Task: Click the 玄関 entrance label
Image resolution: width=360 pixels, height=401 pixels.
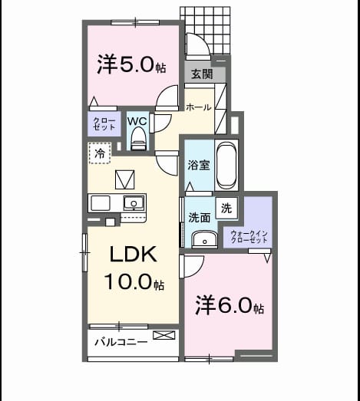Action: [202, 74]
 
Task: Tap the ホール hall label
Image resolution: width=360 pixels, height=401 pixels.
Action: [199, 107]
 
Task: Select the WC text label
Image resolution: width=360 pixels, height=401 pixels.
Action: [137, 121]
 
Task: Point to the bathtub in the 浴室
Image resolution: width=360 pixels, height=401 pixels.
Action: [226, 165]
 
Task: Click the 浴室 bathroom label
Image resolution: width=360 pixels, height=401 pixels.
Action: [199, 165]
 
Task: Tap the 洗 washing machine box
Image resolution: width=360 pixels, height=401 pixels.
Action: [226, 208]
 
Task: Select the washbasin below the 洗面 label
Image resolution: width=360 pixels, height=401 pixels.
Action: [205, 240]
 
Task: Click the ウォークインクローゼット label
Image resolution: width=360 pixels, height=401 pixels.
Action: [249, 237]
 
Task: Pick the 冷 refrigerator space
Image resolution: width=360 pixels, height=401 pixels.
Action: [100, 153]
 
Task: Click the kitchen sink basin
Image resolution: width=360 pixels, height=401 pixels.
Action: [134, 203]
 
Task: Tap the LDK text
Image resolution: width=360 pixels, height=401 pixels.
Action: [133, 254]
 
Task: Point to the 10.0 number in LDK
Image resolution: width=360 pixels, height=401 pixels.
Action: [127, 281]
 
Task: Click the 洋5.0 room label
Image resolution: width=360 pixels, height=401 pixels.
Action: [131, 64]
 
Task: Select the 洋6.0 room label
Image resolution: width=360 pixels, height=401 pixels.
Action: [230, 305]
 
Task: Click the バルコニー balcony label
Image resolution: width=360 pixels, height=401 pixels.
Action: [121, 342]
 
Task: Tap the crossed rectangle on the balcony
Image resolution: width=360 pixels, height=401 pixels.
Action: [164, 335]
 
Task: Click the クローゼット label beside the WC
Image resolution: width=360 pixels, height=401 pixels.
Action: [104, 123]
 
